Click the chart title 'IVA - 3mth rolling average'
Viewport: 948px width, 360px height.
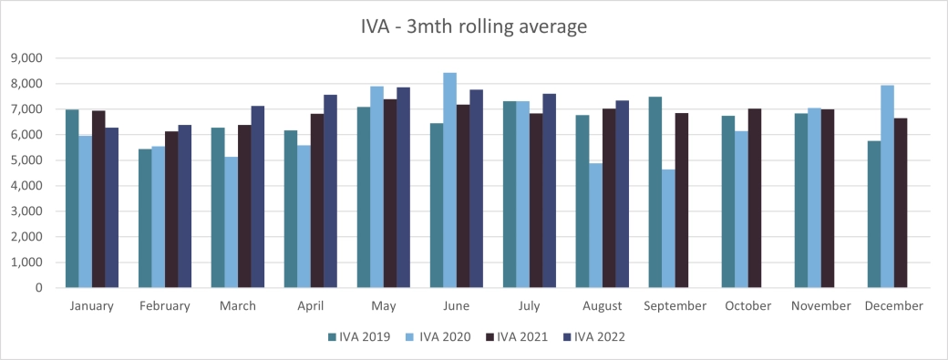point(473,26)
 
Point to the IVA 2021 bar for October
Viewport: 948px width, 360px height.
point(754,198)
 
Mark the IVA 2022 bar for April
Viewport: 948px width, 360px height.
point(331,191)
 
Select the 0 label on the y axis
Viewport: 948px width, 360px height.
point(39,288)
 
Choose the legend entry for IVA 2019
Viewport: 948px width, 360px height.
point(359,337)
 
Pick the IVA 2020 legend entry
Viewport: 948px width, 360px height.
point(437,337)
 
